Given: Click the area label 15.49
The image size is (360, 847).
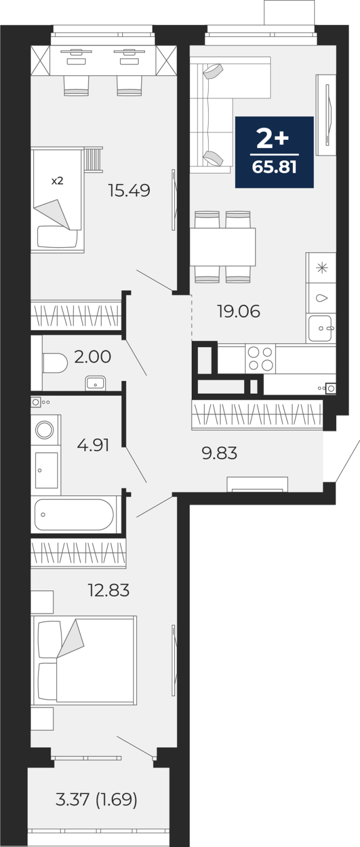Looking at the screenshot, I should (x=129, y=190).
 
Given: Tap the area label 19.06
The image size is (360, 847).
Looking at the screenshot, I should (x=238, y=311).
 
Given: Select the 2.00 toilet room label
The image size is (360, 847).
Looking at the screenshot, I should (x=93, y=357).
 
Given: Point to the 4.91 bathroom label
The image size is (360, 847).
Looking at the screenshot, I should (x=93, y=445).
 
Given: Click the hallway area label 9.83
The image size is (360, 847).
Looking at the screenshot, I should (x=219, y=453).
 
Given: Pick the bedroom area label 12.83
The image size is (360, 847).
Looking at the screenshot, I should (x=109, y=590).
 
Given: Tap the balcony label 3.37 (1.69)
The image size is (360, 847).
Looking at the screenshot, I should (x=96, y=799).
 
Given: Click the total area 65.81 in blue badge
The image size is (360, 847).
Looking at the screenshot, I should (x=274, y=167).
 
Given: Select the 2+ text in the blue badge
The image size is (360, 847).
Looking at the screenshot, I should (x=273, y=139).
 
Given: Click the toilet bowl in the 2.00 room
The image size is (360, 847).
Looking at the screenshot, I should (x=55, y=363).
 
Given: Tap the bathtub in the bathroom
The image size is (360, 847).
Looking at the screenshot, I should (x=74, y=515).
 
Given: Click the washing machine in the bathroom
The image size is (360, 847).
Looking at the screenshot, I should (x=45, y=429).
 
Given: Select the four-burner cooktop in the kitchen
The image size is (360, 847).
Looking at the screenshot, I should (x=260, y=358).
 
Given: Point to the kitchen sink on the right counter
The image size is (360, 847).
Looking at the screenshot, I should (x=320, y=328).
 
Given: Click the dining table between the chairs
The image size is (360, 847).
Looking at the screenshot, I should (x=223, y=247).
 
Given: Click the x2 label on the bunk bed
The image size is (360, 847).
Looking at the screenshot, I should (x=57, y=181).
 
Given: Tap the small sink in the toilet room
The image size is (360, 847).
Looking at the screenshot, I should (x=95, y=383).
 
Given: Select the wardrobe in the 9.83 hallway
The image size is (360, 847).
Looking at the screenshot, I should (x=257, y=413).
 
